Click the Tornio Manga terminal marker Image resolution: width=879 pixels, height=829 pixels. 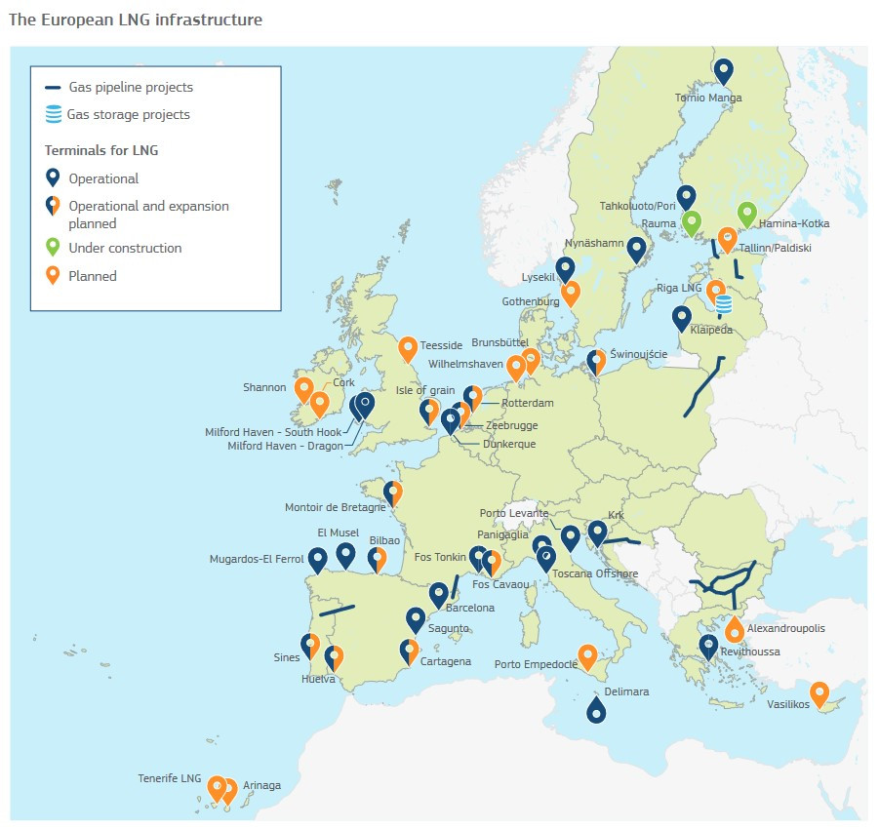pyautogui.click(x=723, y=70)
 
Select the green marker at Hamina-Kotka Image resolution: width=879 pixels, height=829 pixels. pyautogui.click(x=746, y=214)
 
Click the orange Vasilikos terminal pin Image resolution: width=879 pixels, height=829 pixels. pyautogui.click(x=819, y=693)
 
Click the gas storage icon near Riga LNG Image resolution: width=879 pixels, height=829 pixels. pyautogui.click(x=723, y=305)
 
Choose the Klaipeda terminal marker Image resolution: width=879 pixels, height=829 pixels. pyautogui.click(x=682, y=318)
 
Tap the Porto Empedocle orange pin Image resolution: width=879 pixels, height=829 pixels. pyautogui.click(x=587, y=656)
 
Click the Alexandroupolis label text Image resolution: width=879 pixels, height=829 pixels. pyautogui.click(x=785, y=629)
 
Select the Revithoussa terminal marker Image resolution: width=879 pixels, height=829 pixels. pyautogui.click(x=708, y=646)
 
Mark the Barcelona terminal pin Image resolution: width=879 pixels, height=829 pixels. pyautogui.click(x=438, y=594)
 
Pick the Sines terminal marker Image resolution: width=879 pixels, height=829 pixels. pyautogui.click(x=311, y=645)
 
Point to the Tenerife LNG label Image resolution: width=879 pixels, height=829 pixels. pyautogui.click(x=169, y=779)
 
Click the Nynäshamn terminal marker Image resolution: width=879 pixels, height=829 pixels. pyautogui.click(x=637, y=251)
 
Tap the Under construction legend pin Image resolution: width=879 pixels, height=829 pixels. pyautogui.click(x=53, y=247)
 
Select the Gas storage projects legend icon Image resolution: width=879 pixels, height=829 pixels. pyautogui.click(x=54, y=115)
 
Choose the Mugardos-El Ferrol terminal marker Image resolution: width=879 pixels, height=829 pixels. pyautogui.click(x=317, y=561)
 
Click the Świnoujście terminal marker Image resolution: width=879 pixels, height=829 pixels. pyautogui.click(x=596, y=362)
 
